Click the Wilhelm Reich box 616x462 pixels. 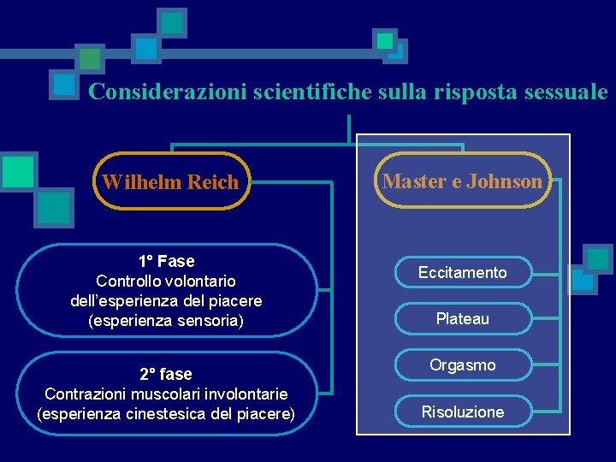click(171, 181)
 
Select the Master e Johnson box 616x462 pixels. click(462, 181)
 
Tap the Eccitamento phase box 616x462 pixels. click(462, 273)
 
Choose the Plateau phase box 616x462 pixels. click(462, 319)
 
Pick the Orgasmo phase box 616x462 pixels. click(462, 365)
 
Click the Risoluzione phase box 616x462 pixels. click(462, 412)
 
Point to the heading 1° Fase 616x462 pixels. click(166, 261)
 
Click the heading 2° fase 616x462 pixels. click(166, 374)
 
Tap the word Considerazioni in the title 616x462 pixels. click(168, 92)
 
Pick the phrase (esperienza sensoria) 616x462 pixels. click(166, 322)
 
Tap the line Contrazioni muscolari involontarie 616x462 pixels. click(166, 394)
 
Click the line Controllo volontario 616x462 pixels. click(166, 281)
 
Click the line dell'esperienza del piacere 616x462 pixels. click(166, 301)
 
